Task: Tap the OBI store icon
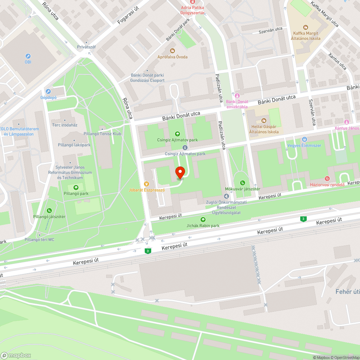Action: click(28, 56)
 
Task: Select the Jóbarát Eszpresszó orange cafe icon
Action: click(147, 184)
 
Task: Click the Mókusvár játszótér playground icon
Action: click(243, 183)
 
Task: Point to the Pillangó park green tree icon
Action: click(76, 188)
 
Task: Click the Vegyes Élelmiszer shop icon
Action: click(305, 139)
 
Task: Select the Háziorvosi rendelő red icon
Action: click(327, 179)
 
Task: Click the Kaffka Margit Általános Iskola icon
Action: click(306, 27)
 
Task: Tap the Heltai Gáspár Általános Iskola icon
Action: click(264, 120)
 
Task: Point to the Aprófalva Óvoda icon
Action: click(172, 51)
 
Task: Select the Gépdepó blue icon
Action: click(48, 91)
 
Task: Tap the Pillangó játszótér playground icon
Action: click(49, 211)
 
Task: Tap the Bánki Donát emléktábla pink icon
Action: click(237, 95)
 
